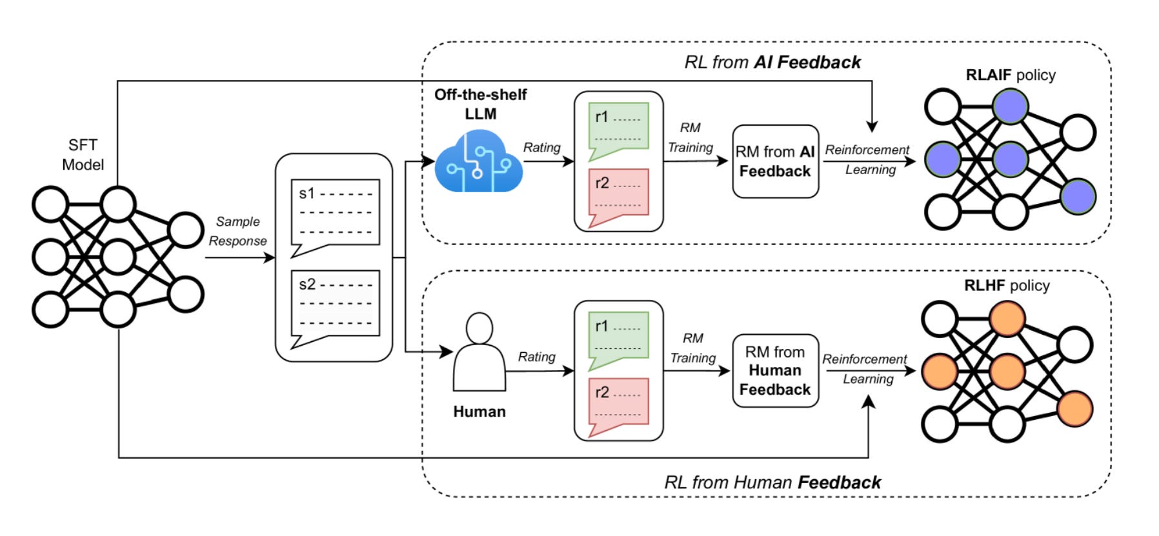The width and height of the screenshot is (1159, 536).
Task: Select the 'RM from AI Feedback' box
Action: click(775, 161)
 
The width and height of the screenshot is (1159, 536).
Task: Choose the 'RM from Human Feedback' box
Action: click(775, 370)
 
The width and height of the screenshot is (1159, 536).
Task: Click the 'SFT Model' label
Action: click(83, 155)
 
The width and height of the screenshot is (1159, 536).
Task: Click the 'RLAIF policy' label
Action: click(1010, 75)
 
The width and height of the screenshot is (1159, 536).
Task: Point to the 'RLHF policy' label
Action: click(1007, 286)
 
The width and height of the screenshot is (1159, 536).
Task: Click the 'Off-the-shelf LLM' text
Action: click(480, 104)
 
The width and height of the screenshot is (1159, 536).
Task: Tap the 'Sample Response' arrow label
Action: click(237, 231)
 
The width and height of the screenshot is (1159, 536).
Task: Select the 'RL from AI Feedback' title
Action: click(772, 63)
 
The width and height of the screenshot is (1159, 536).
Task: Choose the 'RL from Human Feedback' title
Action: click(772, 482)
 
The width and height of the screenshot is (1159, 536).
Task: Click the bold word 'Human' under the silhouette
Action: click(479, 412)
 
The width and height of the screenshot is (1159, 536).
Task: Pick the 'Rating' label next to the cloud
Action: click(541, 148)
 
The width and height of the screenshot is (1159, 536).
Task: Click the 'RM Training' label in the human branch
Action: click(692, 348)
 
